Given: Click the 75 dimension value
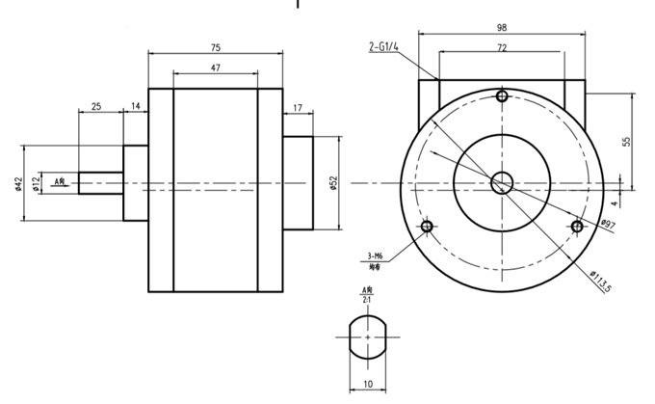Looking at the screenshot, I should coord(216,46).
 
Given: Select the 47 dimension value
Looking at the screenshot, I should coord(216,68).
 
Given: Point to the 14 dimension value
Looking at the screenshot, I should coord(135,105).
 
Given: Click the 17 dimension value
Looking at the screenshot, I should coord(297,107).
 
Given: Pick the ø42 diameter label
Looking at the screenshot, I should coord(18,183).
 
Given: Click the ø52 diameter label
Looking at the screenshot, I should coord(332,183).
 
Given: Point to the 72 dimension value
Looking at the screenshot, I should coord(502,47).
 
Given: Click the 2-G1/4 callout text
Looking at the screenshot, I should coord(385,46).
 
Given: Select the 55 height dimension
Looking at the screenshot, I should coord(626,141).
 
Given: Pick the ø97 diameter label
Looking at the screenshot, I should coord(608,225).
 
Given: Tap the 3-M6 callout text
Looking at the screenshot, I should coord(376,256).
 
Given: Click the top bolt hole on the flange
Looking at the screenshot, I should coord(501,96).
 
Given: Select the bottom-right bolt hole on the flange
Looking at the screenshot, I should coord(576,226).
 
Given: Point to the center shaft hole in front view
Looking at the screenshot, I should coord(501,181).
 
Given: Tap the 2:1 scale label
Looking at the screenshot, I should coord(366,300).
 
